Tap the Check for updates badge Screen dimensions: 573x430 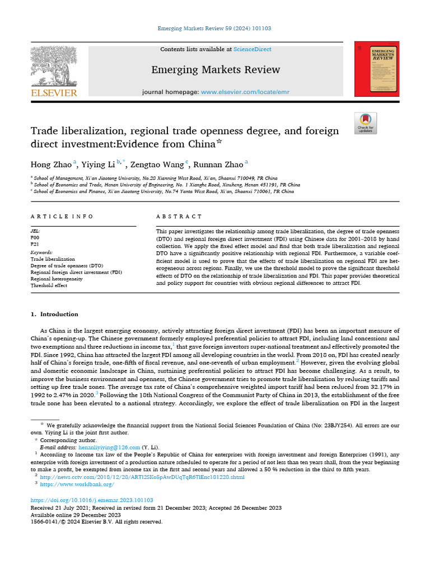(366, 123)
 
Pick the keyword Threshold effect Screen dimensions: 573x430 (49, 285)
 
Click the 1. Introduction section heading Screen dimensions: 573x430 (55, 314)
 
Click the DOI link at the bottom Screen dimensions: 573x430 (92, 500)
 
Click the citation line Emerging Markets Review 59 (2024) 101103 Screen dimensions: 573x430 (214, 28)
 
